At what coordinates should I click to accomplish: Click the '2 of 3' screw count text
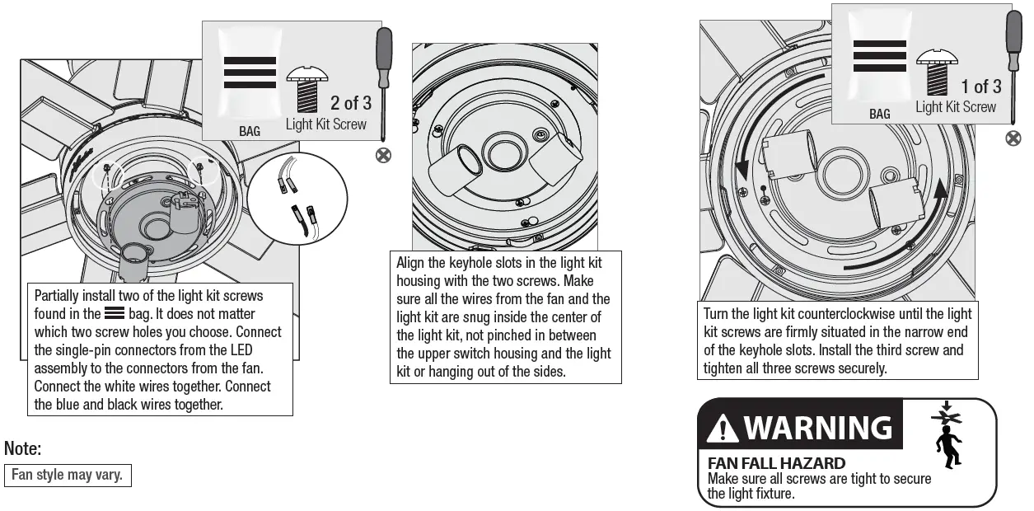pos(350,103)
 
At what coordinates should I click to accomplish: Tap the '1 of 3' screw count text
pos(980,87)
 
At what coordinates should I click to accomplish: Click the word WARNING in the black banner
pos(817,428)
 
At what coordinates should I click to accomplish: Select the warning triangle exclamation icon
pos(723,429)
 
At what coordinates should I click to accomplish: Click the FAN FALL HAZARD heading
pos(776,463)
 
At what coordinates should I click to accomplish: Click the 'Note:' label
pos(22,449)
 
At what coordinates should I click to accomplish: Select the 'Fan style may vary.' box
pos(67,475)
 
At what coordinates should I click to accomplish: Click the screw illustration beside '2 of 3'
pos(306,91)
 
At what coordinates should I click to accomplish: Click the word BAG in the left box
pos(249,131)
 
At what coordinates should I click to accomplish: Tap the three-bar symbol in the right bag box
pos(879,56)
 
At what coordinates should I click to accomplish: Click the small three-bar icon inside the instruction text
pos(115,314)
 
